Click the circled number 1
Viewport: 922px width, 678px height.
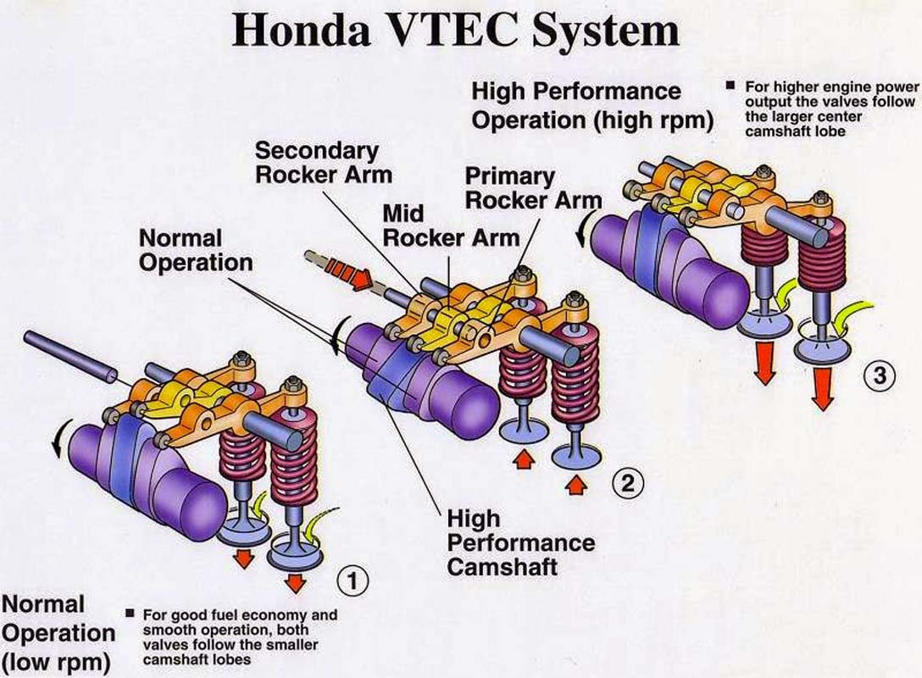pos(353,581)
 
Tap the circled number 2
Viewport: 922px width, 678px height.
pos(628,484)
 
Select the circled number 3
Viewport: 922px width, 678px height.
pos(879,374)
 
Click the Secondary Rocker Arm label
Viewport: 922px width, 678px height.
pos(317,163)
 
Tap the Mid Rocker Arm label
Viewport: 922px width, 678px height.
pos(450,225)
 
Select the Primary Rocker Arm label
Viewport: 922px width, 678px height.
pos(533,188)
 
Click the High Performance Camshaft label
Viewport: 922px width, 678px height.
pos(520,542)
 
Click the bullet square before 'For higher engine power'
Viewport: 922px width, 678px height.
pos(730,86)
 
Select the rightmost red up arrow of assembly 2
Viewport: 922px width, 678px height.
pos(575,485)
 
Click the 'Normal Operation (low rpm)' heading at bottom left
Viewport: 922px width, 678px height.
pos(57,633)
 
